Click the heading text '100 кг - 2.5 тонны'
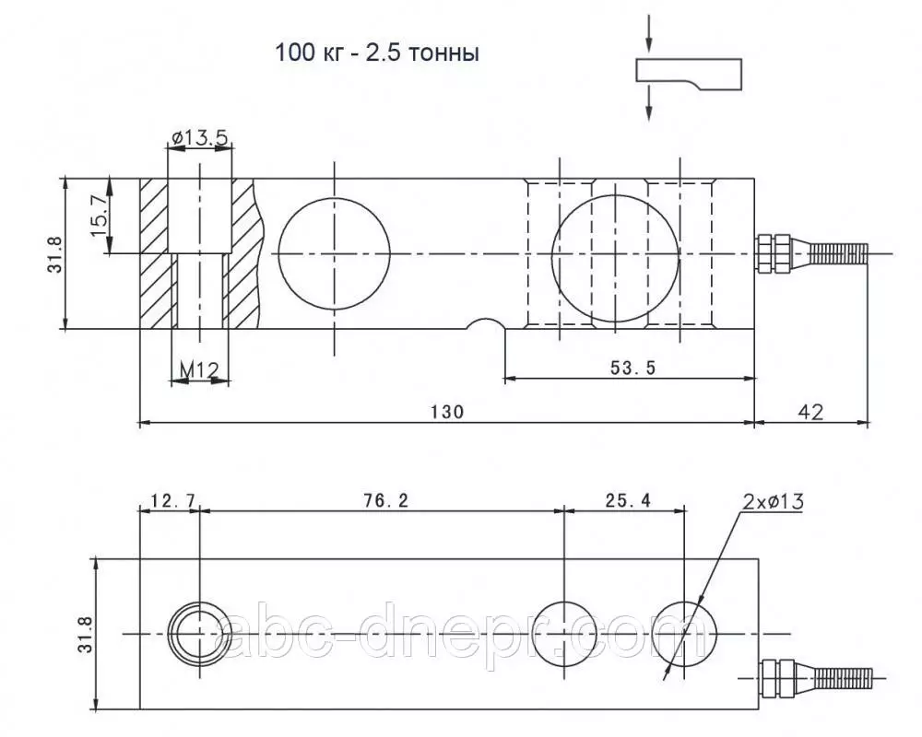377,53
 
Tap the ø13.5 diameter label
199,137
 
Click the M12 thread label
199,369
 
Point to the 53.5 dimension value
632,368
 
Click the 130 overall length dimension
447,412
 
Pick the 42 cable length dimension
810,412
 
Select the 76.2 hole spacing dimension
385,500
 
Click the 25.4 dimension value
628,500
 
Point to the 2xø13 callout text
773,501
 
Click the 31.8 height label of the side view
54,254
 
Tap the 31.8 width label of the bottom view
85,634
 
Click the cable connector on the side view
810,253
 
